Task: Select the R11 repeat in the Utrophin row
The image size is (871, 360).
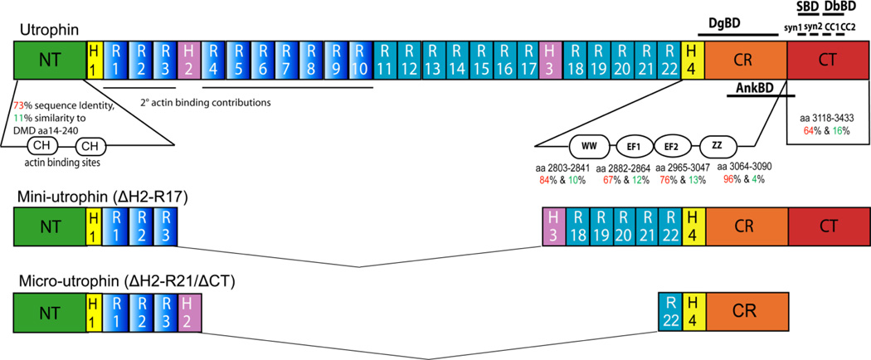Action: coord(387,61)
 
